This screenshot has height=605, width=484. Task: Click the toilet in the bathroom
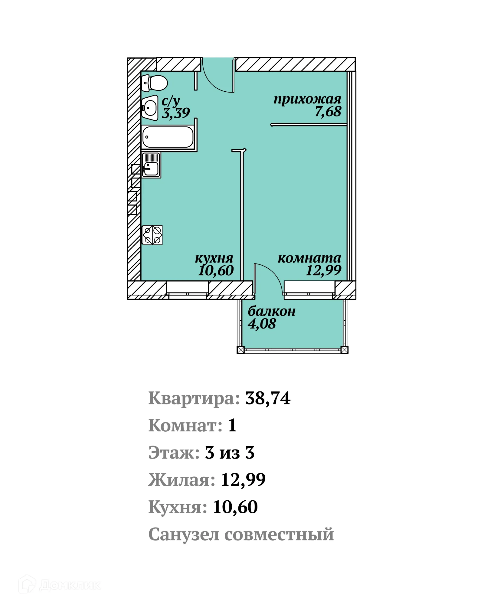click(x=155, y=83)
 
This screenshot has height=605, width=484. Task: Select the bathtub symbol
click(x=168, y=137)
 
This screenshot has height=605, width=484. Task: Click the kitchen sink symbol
click(x=151, y=165)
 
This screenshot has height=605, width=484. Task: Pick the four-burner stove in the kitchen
click(x=152, y=235)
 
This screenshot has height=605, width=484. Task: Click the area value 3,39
click(x=176, y=113)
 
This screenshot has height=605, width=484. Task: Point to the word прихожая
click(x=307, y=99)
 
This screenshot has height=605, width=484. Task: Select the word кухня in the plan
click(x=214, y=258)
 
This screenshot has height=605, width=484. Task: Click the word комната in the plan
click(x=309, y=258)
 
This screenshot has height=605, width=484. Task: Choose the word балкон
click(x=271, y=311)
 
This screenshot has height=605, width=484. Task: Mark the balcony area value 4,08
click(x=262, y=324)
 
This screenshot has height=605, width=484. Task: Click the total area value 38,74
click(x=268, y=398)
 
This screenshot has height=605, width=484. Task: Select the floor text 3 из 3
click(x=230, y=453)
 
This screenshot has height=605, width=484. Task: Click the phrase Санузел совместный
click(x=241, y=534)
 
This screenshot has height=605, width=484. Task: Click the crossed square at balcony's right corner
click(x=344, y=350)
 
